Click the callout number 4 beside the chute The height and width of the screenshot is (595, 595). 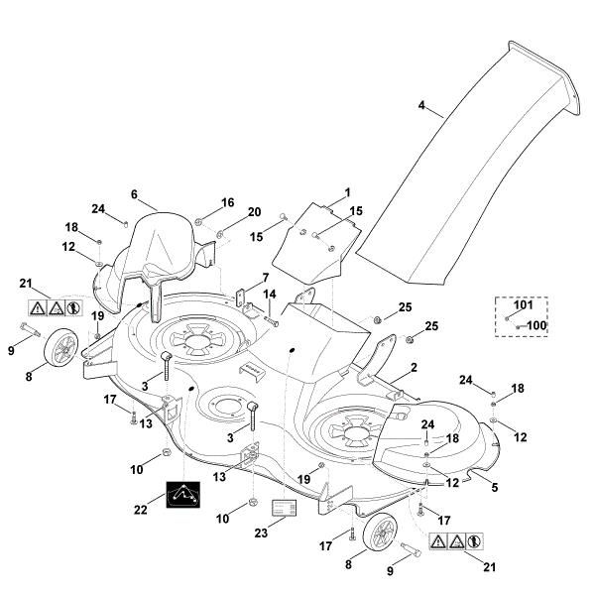coord(421,104)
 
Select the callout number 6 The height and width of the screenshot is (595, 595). coord(135,195)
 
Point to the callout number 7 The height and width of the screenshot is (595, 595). coord(266,277)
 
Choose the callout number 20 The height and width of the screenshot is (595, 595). coord(255,212)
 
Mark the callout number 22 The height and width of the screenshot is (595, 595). coord(141,510)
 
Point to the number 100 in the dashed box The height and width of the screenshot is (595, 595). coord(535,325)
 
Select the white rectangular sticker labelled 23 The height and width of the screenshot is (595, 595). coord(286,508)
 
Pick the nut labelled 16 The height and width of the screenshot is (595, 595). coord(199,217)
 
